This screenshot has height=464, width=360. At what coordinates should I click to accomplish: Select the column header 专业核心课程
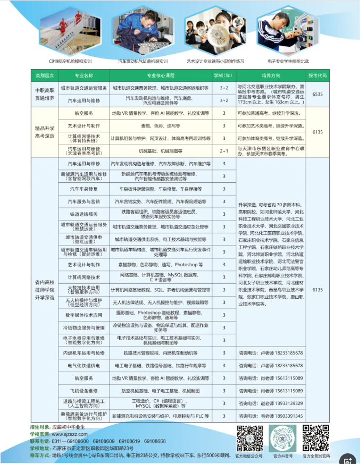pyautogui.click(x=161, y=75)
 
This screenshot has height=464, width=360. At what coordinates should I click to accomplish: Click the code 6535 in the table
pyautogui.click(x=318, y=94)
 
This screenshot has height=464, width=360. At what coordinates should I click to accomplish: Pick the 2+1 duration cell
pyautogui.click(x=224, y=150)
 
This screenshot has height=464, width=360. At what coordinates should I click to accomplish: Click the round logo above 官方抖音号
pyautogui.click(x=282, y=437)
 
